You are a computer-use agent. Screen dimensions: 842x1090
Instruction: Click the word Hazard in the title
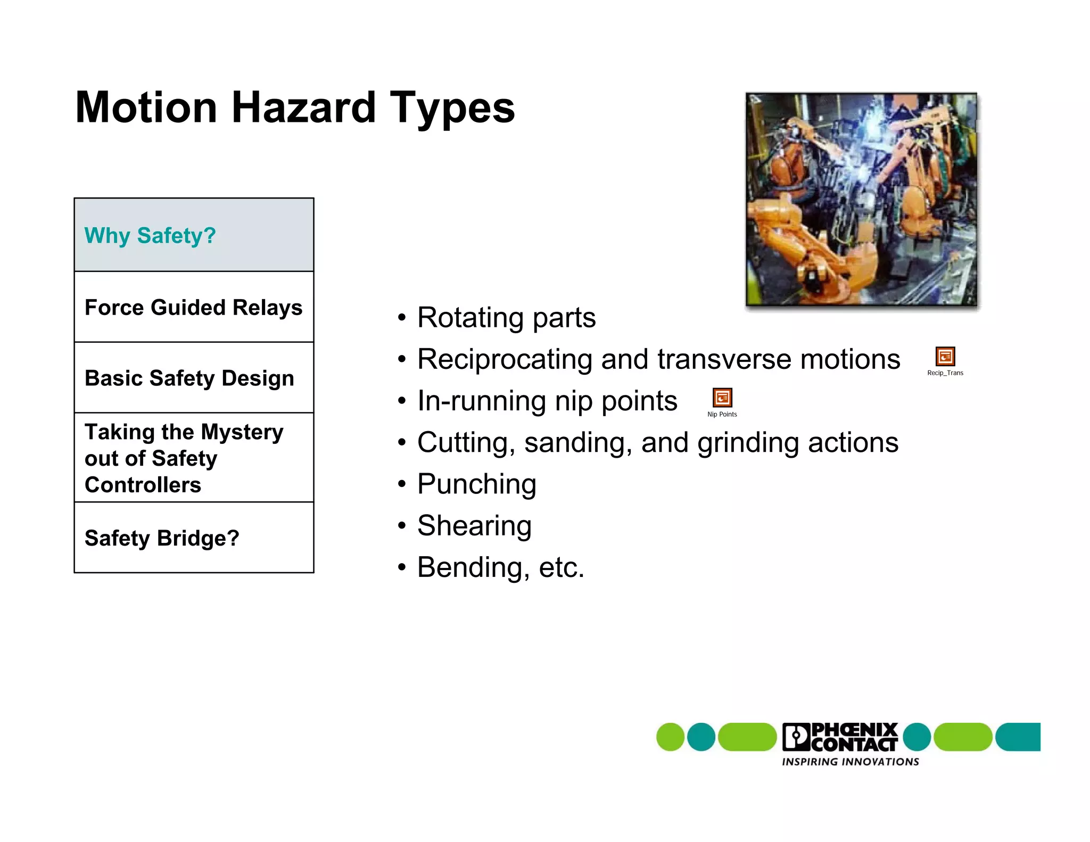pos(303,108)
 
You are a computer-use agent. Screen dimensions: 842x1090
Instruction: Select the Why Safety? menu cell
pos(194,235)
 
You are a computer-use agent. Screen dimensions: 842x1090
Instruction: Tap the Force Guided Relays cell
pos(194,307)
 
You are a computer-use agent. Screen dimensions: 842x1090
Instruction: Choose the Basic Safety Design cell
pos(194,378)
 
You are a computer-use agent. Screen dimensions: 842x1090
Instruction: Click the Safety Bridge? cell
pos(194,538)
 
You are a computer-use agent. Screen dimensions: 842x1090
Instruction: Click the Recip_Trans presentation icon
pos(945,356)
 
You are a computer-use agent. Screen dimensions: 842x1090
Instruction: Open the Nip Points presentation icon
pos(722,398)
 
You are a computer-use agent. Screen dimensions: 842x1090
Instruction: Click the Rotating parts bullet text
pos(506,318)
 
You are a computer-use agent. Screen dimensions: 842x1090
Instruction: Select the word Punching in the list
pos(476,484)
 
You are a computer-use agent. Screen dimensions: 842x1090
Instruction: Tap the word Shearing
pos(474,526)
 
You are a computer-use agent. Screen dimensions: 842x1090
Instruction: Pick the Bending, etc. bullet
pos(500,567)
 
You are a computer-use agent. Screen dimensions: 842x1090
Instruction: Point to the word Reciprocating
pos(504,359)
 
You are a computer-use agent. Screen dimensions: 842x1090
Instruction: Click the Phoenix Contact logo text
pos(853,737)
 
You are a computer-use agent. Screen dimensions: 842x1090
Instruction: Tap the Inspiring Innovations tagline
pos(850,762)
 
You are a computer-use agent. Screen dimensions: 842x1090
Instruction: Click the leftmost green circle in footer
pos(670,737)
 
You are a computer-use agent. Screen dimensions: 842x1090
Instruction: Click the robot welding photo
pos(861,200)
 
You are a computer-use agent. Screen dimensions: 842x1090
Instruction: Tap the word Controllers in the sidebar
pos(143,485)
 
